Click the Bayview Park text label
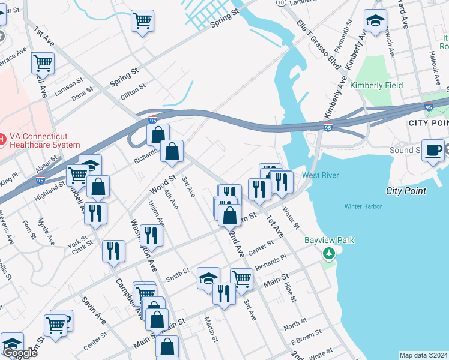coord(329,241)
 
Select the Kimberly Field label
coord(376,85)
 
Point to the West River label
coord(321,175)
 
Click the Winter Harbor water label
coord(363,206)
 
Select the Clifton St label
coord(133,87)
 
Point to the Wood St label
coord(163,184)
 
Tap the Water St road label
coord(291,219)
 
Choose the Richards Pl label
coord(271,262)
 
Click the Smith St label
coord(178,275)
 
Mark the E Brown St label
coord(303,338)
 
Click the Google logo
coord(20,352)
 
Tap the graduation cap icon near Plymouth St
coord(375,21)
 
